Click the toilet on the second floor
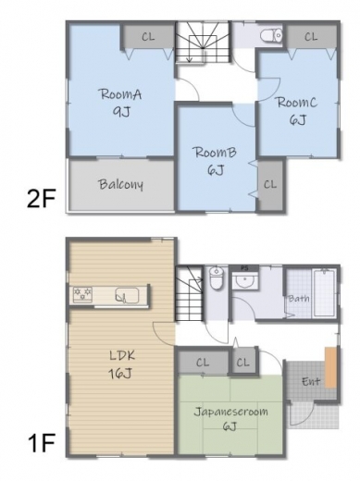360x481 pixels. click(271, 35)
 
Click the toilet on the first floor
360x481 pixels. click(216, 277)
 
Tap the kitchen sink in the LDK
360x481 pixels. click(127, 296)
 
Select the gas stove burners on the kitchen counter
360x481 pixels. click(82, 294)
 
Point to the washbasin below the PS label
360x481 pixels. click(245, 280)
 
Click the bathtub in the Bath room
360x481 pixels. click(324, 292)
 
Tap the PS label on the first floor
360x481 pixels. click(244, 268)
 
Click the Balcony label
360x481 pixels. click(121, 184)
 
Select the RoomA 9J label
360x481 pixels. click(121, 103)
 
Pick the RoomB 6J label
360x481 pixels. click(215, 161)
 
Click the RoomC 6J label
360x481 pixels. click(297, 111)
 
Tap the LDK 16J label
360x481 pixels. click(121, 364)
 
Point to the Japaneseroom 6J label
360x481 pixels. click(230, 419)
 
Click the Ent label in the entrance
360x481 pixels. click(311, 381)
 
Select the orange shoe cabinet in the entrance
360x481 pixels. click(330, 367)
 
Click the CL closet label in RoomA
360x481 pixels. click(148, 37)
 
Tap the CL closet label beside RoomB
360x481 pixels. click(270, 184)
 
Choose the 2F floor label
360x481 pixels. click(41, 199)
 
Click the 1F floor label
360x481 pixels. click(41, 442)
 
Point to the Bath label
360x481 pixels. click(298, 299)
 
